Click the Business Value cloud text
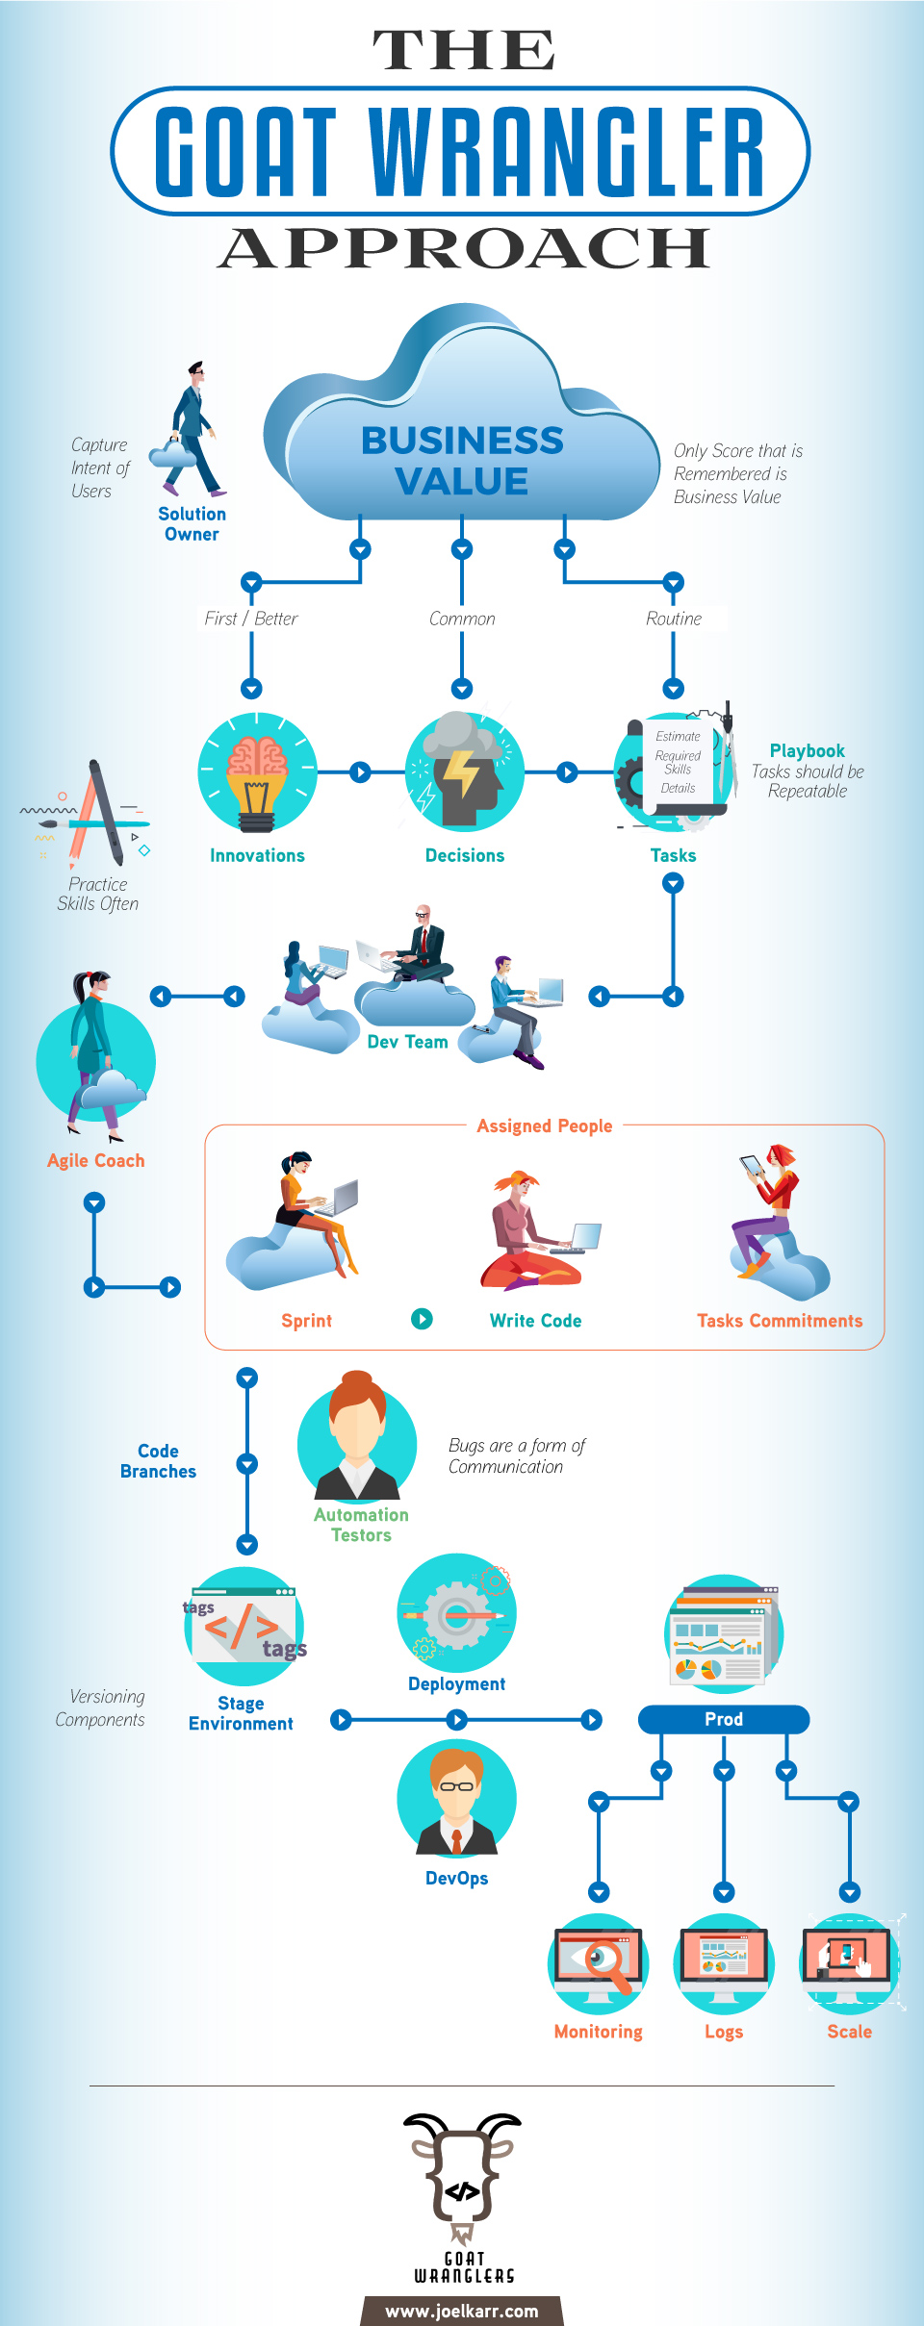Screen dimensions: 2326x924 click(462, 460)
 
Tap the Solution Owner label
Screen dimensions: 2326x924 click(192, 524)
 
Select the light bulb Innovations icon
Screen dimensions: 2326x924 click(257, 772)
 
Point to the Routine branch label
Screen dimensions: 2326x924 click(674, 619)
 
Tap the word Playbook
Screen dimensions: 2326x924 click(807, 751)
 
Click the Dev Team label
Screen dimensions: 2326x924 click(407, 1042)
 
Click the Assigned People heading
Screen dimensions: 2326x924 click(544, 1125)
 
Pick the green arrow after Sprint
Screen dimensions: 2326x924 click(422, 1319)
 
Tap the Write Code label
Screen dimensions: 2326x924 click(535, 1321)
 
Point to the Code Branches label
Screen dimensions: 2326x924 click(158, 1461)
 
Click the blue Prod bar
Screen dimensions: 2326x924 click(723, 1719)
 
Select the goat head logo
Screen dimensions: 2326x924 click(463, 2176)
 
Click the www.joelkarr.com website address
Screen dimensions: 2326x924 click(462, 2311)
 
